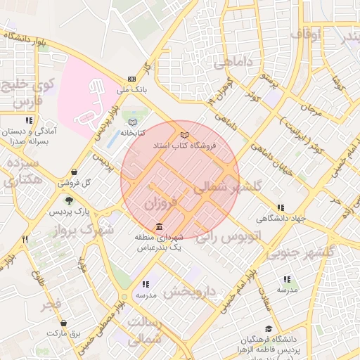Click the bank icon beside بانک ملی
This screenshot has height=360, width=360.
coord(131,79)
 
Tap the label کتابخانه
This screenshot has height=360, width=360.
coord(132,132)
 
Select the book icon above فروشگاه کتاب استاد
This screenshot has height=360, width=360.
coord(185,134)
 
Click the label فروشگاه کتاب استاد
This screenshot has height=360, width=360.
coord(185,146)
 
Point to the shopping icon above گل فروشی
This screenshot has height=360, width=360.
coord(75,172)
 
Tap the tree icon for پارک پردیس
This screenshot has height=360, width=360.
coord(68,200)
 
